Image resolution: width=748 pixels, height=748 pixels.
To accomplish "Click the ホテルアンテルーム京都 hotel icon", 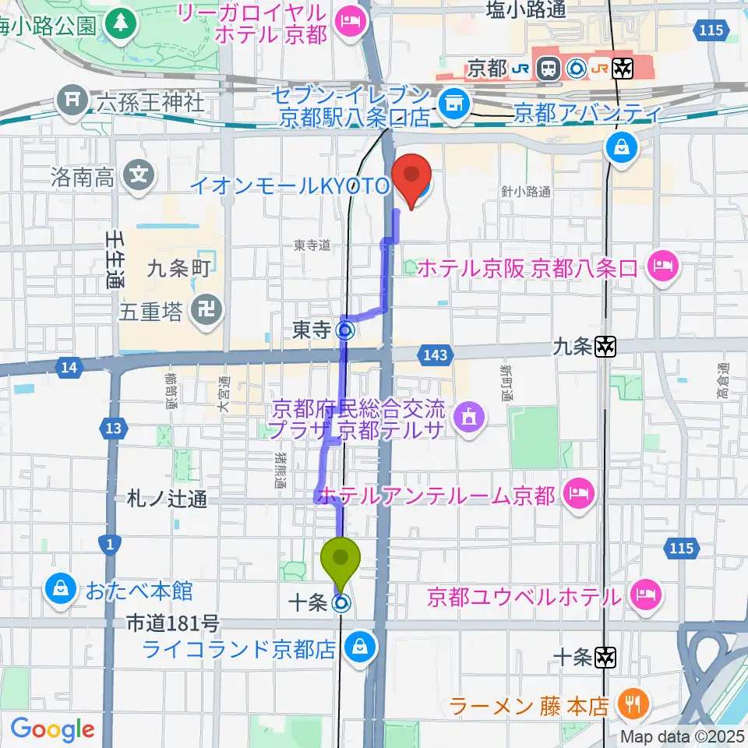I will click(x=578, y=493).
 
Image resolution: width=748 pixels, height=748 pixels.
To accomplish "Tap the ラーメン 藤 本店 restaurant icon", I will click(x=630, y=706).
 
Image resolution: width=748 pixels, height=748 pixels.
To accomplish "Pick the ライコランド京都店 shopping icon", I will click(x=360, y=647).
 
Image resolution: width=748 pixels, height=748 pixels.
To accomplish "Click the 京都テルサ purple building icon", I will click(x=468, y=418).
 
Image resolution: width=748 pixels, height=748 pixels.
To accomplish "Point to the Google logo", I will click(x=51, y=729).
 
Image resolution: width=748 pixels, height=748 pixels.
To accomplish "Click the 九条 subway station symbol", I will click(x=606, y=347).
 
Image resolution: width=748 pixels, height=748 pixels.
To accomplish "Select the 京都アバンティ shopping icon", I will click(x=624, y=145).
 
